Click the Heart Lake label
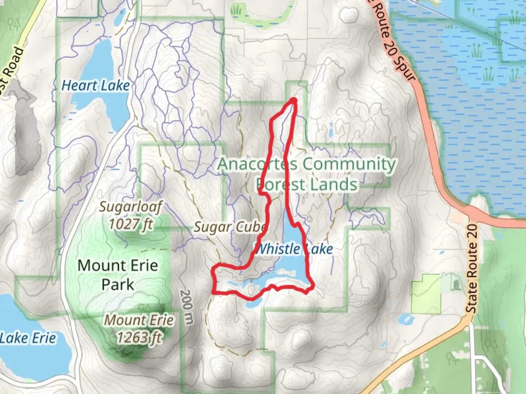pos(95,86)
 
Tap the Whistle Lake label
pos(294,250)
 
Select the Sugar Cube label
pos(229,227)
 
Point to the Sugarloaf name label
pos(130,207)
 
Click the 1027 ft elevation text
pos(131,224)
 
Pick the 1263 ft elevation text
pos(139,337)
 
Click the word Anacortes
pos(257,164)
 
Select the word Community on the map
pos(349,164)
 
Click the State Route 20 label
pos(472,269)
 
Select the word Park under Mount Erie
pos(118,285)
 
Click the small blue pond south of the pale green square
pos(405,320)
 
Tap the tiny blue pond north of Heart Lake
pos(119,16)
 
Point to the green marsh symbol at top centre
pos(238,9)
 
